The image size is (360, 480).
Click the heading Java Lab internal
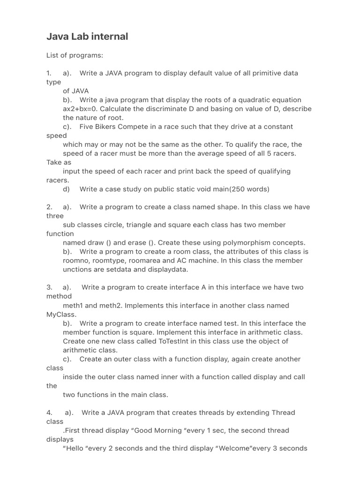click(87, 37)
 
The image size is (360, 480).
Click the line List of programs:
click(75, 55)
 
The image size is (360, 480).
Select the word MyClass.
click(61, 314)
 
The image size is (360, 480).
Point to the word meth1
click(73, 306)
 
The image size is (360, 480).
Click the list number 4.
click(49, 412)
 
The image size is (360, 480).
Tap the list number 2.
click(49, 207)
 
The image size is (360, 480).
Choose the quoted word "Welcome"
click(237, 448)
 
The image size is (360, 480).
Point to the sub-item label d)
click(66, 189)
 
